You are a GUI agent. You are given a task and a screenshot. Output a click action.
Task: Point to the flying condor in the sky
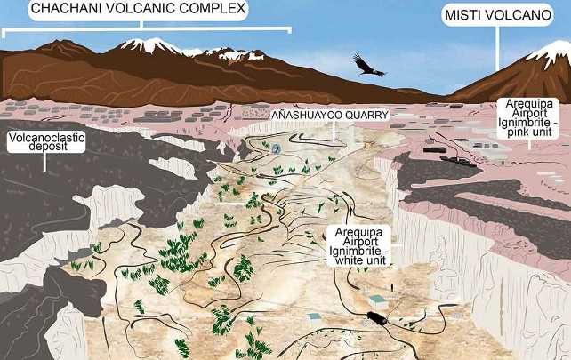367,65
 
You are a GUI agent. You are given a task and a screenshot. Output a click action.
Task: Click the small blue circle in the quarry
277,148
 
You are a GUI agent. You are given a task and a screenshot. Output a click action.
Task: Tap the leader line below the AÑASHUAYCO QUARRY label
334,133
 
